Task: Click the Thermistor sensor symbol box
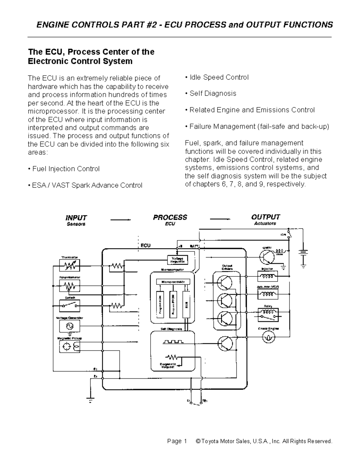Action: (70, 265)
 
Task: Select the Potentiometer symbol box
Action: (70, 286)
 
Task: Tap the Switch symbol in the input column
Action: (69, 306)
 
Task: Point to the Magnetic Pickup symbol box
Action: (70, 347)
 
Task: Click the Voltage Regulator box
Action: (177, 260)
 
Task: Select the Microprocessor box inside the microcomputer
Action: (173, 282)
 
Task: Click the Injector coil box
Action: (268, 276)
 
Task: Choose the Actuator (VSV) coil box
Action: (268, 294)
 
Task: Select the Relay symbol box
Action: (268, 314)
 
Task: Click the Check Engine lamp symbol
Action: (268, 338)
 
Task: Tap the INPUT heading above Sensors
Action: (76, 218)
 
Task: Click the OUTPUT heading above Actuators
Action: (265, 217)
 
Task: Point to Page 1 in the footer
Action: (177, 441)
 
